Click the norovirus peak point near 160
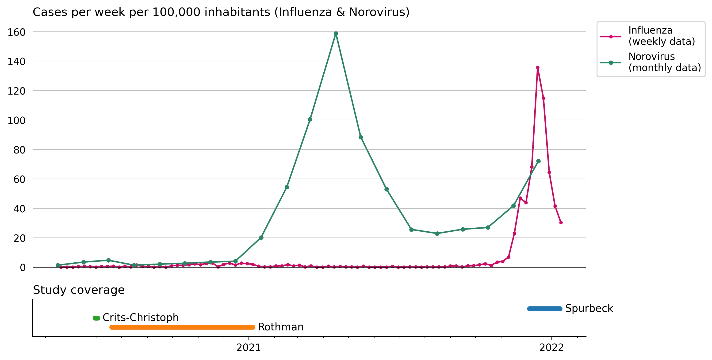pyautogui.click(x=336, y=34)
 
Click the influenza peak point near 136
pyautogui.click(x=538, y=67)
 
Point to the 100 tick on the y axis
pyautogui.click(x=17, y=121)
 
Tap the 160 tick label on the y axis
pyautogui.click(x=17, y=32)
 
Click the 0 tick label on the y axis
pyautogui.click(x=23, y=267)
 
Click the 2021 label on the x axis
pyautogui.click(x=249, y=348)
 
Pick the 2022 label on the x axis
pyautogui.click(x=551, y=348)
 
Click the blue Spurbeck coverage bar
pyautogui.click(x=544, y=309)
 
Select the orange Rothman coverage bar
pyautogui.click(x=182, y=327)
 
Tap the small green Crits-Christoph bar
pyautogui.click(x=96, y=318)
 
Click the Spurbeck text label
pyautogui.click(x=589, y=308)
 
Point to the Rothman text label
pyautogui.click(x=280, y=327)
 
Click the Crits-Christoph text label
pyautogui.click(x=140, y=318)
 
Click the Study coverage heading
pyautogui.click(x=79, y=290)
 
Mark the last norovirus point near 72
pyautogui.click(x=538, y=161)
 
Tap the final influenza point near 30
pyautogui.click(x=561, y=222)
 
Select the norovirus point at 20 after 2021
pyautogui.click(x=261, y=237)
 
